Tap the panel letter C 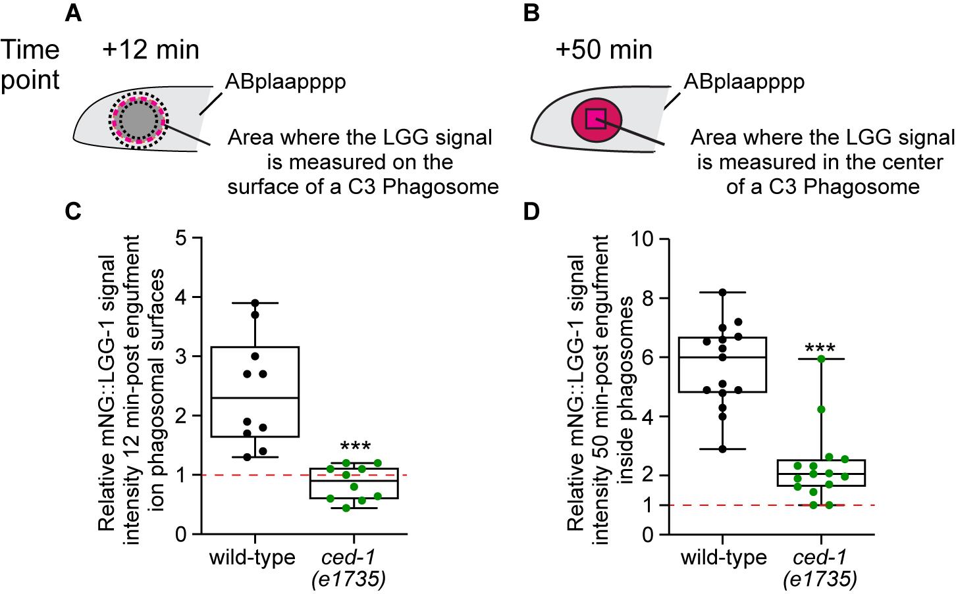pyautogui.click(x=73, y=212)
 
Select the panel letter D pyautogui.click(x=532, y=212)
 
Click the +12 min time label pyautogui.click(x=151, y=50)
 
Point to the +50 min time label pyautogui.click(x=604, y=50)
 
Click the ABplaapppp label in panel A pyautogui.click(x=286, y=82)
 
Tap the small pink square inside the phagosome pyautogui.click(x=597, y=119)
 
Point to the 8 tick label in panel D pyautogui.click(x=649, y=297)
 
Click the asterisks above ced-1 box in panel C pyautogui.click(x=356, y=447)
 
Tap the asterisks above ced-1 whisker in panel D pyautogui.click(x=820, y=348)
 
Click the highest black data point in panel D pyautogui.click(x=722, y=292)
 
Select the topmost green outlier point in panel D pyautogui.click(x=821, y=359)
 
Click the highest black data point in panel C pyautogui.click(x=255, y=303)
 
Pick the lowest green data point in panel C pyautogui.click(x=346, y=508)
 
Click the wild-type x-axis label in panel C pyautogui.click(x=252, y=557)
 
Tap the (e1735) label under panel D pyautogui.click(x=820, y=579)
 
